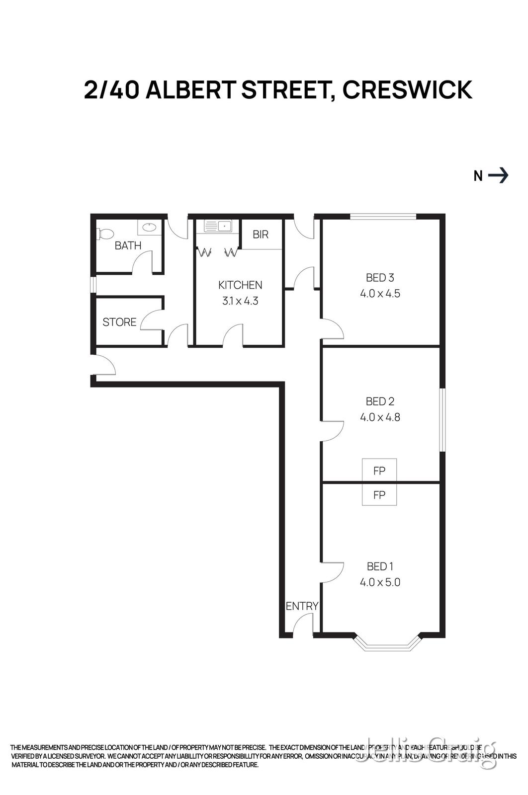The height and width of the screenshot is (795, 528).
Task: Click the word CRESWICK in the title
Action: click(x=407, y=90)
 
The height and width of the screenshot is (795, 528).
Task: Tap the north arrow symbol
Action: click(x=498, y=175)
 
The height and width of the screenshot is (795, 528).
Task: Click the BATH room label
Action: click(x=128, y=245)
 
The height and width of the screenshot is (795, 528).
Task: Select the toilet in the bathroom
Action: click(x=105, y=234)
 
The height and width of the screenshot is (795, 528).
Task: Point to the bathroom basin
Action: click(x=149, y=228)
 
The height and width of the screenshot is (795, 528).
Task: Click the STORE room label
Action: click(x=119, y=322)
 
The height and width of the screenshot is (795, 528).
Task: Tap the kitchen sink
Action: click(x=218, y=227)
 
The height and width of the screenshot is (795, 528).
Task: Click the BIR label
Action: click(x=261, y=235)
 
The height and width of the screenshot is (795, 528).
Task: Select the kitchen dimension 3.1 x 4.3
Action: click(x=240, y=301)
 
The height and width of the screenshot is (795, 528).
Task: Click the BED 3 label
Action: click(x=380, y=278)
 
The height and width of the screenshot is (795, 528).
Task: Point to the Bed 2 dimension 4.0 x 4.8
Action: click(x=380, y=417)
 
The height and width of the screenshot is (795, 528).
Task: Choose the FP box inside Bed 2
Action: click(x=379, y=470)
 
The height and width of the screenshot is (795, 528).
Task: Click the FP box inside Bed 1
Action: click(x=379, y=495)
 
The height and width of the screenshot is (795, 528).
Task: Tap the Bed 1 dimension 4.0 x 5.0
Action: click(x=380, y=582)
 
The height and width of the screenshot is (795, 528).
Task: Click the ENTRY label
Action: click(x=302, y=606)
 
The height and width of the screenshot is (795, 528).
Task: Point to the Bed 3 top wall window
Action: click(x=383, y=216)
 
